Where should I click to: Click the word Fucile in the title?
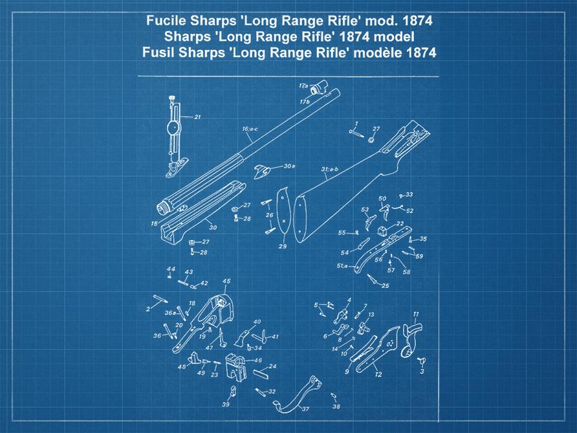[166, 21]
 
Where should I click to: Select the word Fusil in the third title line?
[159, 53]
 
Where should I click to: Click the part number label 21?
[197, 117]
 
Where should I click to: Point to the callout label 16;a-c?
[250, 129]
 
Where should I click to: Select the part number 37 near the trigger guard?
[305, 409]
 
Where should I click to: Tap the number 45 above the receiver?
[226, 281]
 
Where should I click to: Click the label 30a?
[288, 166]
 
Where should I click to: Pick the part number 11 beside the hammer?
[416, 315]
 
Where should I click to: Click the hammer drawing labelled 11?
[410, 340]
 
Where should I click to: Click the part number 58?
[406, 272]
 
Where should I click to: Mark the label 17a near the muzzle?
[302, 85]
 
